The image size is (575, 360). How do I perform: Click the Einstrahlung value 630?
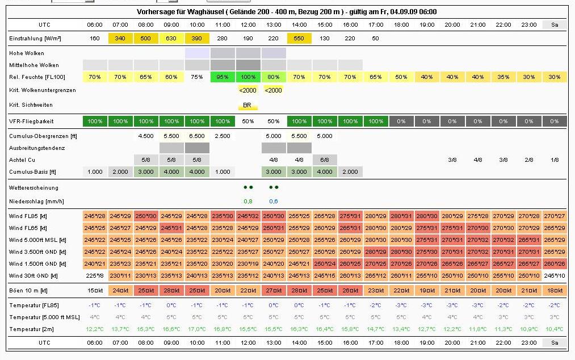pyautogui.click(x=171, y=38)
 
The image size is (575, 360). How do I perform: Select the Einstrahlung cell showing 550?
pyautogui.click(x=299, y=38)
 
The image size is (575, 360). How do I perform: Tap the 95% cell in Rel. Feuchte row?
pyautogui.click(x=223, y=77)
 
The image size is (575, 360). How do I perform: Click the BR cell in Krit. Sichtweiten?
pyautogui.click(x=247, y=105)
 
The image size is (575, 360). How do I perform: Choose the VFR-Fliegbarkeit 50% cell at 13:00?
pyautogui.click(x=274, y=121)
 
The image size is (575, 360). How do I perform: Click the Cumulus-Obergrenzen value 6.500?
pyautogui.click(x=197, y=136)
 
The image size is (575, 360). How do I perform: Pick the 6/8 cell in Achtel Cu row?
pyautogui.click(x=325, y=160)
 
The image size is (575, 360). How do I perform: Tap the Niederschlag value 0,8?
pyautogui.click(x=248, y=200)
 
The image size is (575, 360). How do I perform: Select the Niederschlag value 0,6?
pyautogui.click(x=274, y=200)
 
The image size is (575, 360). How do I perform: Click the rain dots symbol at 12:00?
pyautogui.click(x=248, y=187)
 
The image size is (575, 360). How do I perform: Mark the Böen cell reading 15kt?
pyautogui.click(x=95, y=291)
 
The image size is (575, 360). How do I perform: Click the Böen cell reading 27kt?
pyautogui.click(x=274, y=291)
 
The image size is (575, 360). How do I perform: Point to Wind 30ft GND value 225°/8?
pyautogui.click(x=95, y=276)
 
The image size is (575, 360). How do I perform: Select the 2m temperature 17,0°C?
pyautogui.click(x=197, y=329)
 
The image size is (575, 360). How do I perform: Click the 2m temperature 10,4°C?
pyautogui.click(x=555, y=329)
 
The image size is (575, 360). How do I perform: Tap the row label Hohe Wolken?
pyautogui.click(x=27, y=53)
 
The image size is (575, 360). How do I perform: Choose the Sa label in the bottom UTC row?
pyautogui.click(x=555, y=343)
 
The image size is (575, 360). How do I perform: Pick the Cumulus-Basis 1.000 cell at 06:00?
pyautogui.click(x=95, y=171)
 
